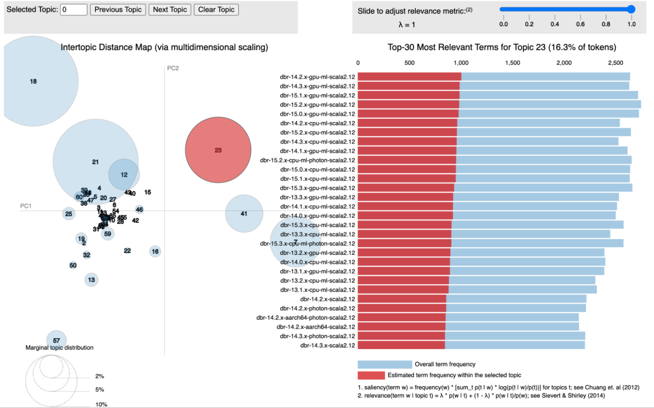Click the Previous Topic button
pos(118,9)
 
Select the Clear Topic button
pos(216,9)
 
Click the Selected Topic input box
pos(74,9)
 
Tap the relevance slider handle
pos(631,9)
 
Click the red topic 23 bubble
pos(218,150)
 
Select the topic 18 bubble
pos(33,82)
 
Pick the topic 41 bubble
pos(244,214)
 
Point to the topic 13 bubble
pos(92,280)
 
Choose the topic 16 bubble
pos(155,251)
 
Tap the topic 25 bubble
pos(68,214)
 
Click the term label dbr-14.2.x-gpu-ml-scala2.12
pos(317,77)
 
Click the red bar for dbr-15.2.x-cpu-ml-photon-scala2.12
pos(407,160)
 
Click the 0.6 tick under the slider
pos(580,25)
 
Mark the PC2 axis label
pos(173,68)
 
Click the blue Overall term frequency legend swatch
pos(384,364)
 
